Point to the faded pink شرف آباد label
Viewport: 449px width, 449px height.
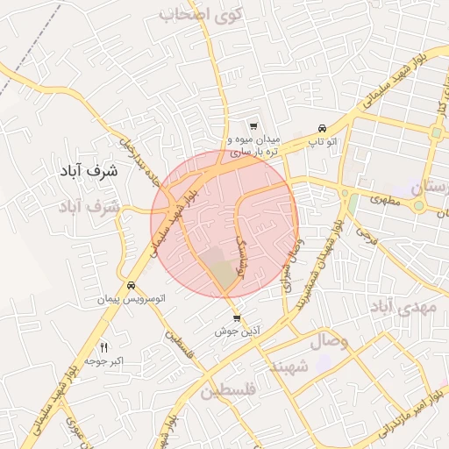(89, 208)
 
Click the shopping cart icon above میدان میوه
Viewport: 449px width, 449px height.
(253, 126)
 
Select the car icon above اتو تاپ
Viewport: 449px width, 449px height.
(323, 127)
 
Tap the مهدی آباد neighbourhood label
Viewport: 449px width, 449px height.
(403, 308)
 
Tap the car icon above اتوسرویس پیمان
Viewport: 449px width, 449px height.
(131, 285)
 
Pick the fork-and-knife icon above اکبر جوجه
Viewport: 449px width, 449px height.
(105, 347)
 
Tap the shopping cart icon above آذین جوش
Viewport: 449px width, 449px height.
(235, 318)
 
